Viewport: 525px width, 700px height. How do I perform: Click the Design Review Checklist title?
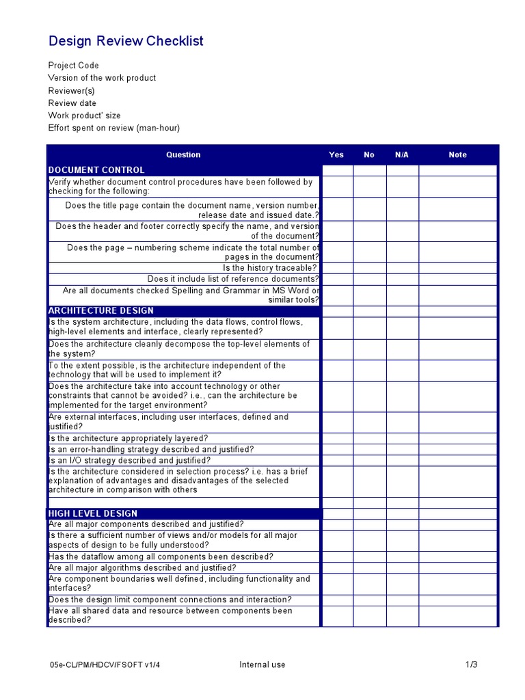pyautogui.click(x=126, y=41)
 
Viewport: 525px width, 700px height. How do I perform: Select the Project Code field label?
pyautogui.click(x=73, y=66)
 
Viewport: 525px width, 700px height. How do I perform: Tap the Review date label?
pyautogui.click(x=72, y=103)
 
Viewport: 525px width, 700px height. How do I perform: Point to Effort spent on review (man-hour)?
pyautogui.click(x=113, y=129)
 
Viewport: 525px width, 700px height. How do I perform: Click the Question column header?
pyautogui.click(x=183, y=154)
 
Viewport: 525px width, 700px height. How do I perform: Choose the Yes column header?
pyautogui.click(x=336, y=154)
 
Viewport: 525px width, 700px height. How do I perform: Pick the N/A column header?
pyautogui.click(x=402, y=154)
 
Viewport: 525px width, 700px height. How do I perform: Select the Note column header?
pyautogui.click(x=457, y=154)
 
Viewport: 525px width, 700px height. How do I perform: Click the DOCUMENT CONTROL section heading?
pyautogui.click(x=96, y=170)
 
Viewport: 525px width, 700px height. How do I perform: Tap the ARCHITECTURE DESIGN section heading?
pyautogui.click(x=101, y=311)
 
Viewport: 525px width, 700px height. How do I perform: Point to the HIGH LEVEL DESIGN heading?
pyautogui.click(x=93, y=513)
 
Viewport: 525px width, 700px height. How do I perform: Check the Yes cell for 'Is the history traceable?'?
pyautogui.click(x=337, y=268)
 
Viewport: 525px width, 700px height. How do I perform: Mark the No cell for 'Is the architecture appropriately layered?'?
pyautogui.click(x=369, y=438)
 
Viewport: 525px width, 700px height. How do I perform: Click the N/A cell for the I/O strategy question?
pyautogui.click(x=402, y=461)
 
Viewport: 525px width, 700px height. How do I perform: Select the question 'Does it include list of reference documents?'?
pyautogui.click(x=233, y=279)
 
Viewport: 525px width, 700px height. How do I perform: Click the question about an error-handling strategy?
pyautogui.click(x=151, y=450)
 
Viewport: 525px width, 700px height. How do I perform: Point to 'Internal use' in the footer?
pyautogui.click(x=262, y=665)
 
